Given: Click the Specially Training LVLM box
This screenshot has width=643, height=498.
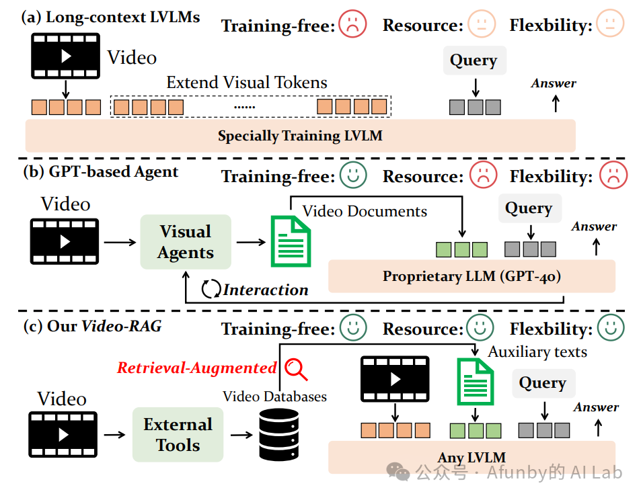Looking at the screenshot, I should pos(300,136).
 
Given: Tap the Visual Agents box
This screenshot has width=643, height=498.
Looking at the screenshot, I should pos(186,242).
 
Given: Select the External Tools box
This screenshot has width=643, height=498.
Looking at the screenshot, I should pos(178,434).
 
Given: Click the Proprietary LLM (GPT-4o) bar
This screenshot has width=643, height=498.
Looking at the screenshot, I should pos(471,276).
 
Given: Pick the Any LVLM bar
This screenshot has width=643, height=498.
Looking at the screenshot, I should pos(471,458).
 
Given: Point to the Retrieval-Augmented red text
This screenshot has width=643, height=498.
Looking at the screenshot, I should pos(197,368).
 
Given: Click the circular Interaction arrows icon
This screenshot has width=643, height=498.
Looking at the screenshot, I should pos(211,290).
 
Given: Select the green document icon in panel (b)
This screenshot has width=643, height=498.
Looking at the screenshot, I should pos(290,241).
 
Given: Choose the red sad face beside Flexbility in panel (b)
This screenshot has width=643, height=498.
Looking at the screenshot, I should pos(613,176).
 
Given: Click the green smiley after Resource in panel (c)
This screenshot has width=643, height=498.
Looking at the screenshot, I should pos(479,329).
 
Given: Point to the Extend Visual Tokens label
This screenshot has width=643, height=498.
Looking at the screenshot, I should pos(247,83).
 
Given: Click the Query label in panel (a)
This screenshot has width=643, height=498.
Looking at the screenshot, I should pos(474,60).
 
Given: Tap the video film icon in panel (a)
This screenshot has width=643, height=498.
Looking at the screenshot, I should pos(65,56).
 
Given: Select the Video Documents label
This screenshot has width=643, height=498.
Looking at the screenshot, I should pos(365,211).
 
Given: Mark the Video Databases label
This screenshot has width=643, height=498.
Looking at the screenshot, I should pos(274,397).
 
